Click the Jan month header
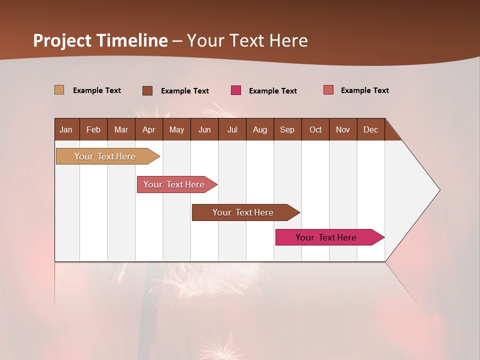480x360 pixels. (66, 129)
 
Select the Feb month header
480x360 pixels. (93, 129)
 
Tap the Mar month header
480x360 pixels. (121, 129)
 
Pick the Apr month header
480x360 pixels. (149, 129)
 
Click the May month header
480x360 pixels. (176, 129)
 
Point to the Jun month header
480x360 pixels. (204, 129)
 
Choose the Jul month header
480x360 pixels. (232, 129)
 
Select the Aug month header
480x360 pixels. (260, 129)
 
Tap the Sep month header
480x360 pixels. (287, 129)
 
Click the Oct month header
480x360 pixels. (315, 129)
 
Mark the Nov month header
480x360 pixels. (343, 129)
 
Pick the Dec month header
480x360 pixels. (371, 129)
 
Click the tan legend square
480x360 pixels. (59, 90)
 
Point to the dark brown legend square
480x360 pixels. (147, 90)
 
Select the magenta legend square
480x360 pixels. (236, 90)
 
